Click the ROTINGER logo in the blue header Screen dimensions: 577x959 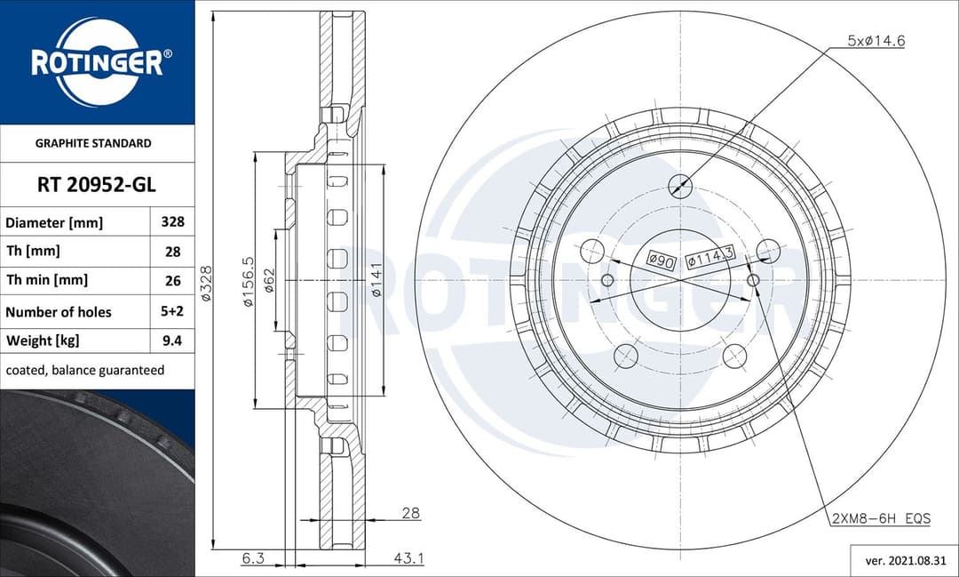(97, 61)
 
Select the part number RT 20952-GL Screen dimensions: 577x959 (97, 185)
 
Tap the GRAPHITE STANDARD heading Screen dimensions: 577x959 (93, 143)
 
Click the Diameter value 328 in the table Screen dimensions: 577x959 (172, 222)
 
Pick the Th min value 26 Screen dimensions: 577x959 (172, 280)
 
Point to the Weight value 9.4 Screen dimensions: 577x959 (172, 341)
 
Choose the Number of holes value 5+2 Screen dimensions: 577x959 (172, 311)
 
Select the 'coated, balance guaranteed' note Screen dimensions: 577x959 (85, 370)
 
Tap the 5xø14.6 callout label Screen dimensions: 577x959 (876, 41)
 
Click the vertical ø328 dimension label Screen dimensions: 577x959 (206, 284)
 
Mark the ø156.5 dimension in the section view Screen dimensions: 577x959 (248, 282)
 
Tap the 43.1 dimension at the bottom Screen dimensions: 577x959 (408, 558)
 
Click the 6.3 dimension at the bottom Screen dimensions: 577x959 (253, 558)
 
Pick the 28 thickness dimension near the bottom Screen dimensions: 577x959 (410, 513)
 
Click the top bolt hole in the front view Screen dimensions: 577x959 (680, 186)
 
